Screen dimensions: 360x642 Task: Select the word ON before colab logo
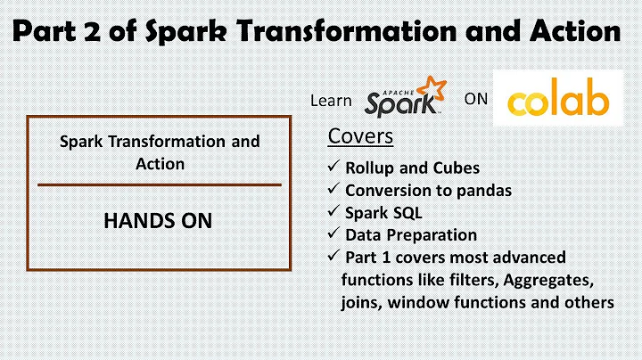point(476,99)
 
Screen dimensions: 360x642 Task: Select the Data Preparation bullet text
point(411,235)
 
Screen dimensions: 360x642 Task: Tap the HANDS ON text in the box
point(159,220)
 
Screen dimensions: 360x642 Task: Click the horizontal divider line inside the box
point(159,184)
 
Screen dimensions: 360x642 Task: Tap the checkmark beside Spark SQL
point(333,213)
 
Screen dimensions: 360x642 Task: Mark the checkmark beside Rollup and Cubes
point(333,168)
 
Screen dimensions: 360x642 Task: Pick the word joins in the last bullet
point(361,303)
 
